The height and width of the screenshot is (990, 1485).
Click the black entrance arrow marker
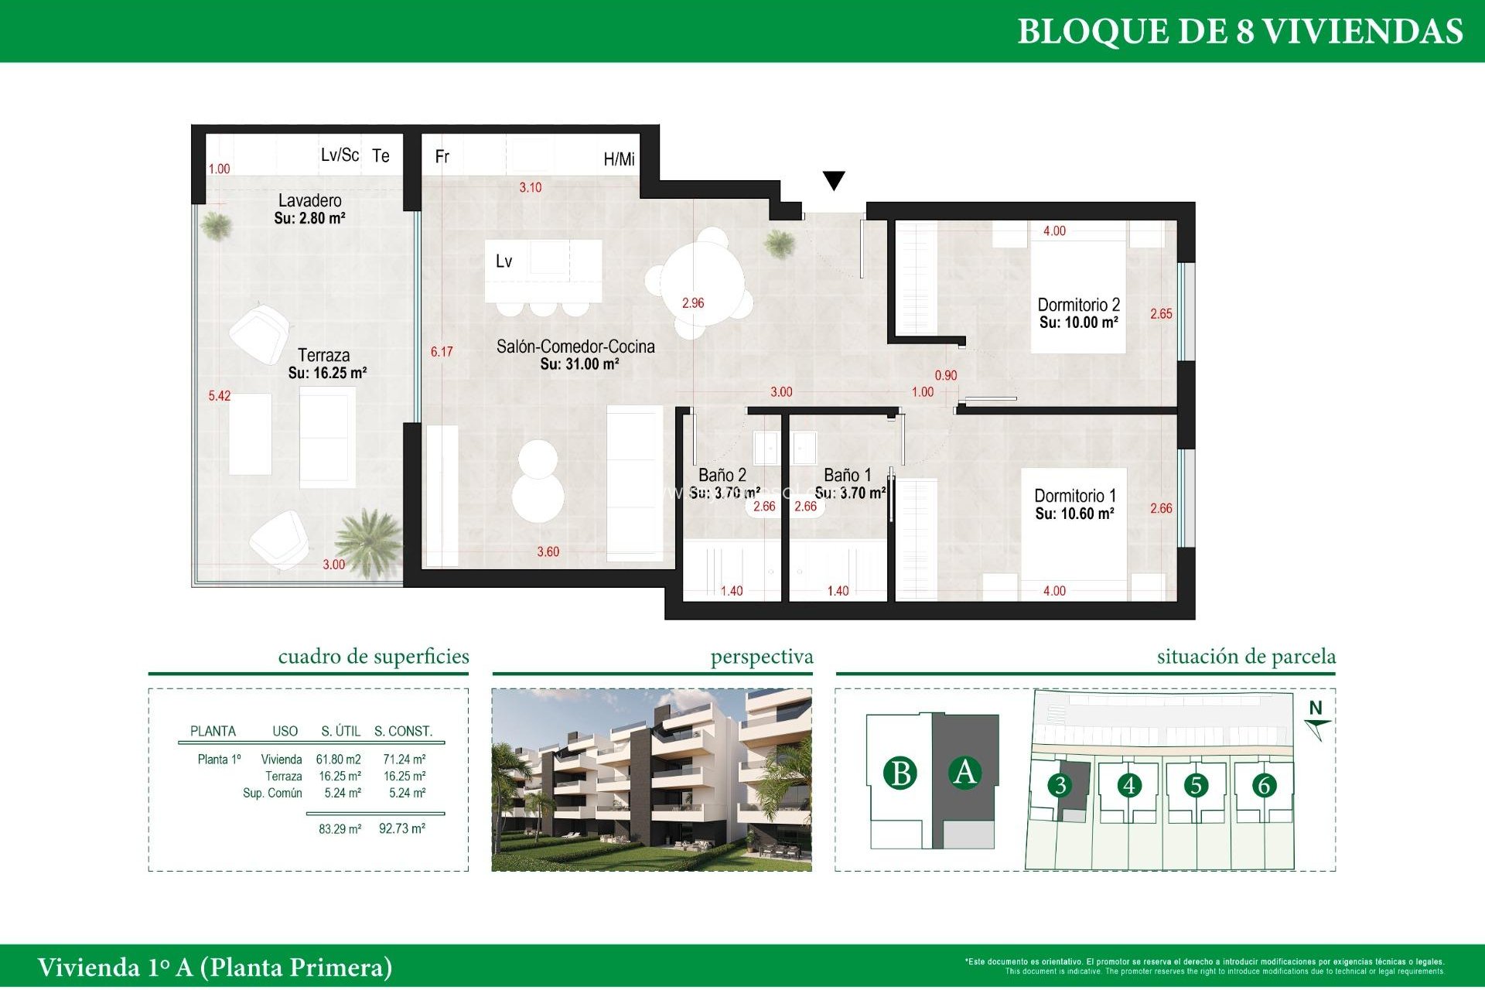(833, 181)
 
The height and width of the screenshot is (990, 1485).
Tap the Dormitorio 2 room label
(1078, 306)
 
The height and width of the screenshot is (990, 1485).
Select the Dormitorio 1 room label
(1074, 496)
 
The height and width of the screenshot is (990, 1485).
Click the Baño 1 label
(847, 475)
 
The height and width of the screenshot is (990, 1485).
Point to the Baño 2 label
(722, 475)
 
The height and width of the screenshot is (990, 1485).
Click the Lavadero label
(309, 201)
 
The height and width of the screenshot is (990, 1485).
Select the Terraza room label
(323, 356)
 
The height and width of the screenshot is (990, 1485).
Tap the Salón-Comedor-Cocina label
(575, 347)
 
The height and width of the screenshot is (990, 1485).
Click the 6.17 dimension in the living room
(442, 352)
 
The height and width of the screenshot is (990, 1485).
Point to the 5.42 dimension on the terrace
(220, 396)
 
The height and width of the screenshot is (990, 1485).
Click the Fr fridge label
(442, 157)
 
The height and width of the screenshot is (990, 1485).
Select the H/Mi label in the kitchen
(619, 159)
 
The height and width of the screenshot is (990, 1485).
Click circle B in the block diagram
(900, 773)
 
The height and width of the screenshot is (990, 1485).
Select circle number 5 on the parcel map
(1196, 786)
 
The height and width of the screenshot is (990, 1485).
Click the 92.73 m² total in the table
(401, 829)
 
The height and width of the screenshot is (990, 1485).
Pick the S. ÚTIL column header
(340, 732)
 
